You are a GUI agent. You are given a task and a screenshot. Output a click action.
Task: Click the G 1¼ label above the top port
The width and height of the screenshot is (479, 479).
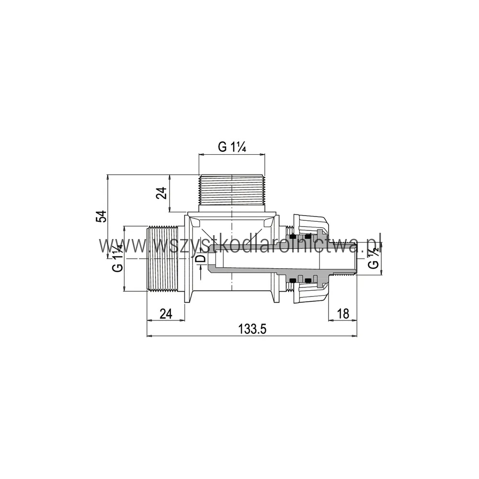(232, 147)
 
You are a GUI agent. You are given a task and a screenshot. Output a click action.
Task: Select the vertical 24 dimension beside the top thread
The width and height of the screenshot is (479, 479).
(162, 193)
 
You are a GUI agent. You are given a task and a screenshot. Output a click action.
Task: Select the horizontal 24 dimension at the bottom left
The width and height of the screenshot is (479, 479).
(166, 314)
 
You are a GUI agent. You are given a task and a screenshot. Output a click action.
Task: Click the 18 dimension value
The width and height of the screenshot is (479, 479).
(343, 314)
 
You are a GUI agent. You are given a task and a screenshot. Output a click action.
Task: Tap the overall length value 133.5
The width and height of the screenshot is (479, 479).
(252, 330)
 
